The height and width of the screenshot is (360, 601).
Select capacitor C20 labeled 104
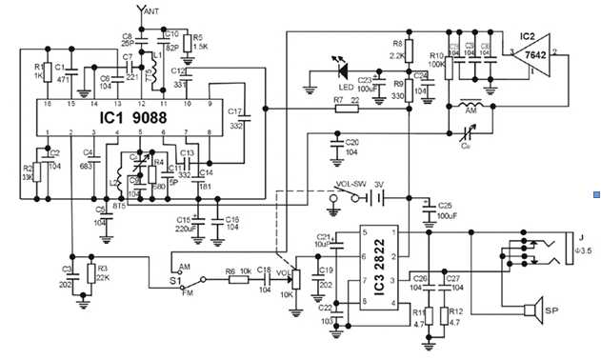click(x=335, y=144)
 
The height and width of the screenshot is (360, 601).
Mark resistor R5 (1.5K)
click(x=188, y=45)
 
